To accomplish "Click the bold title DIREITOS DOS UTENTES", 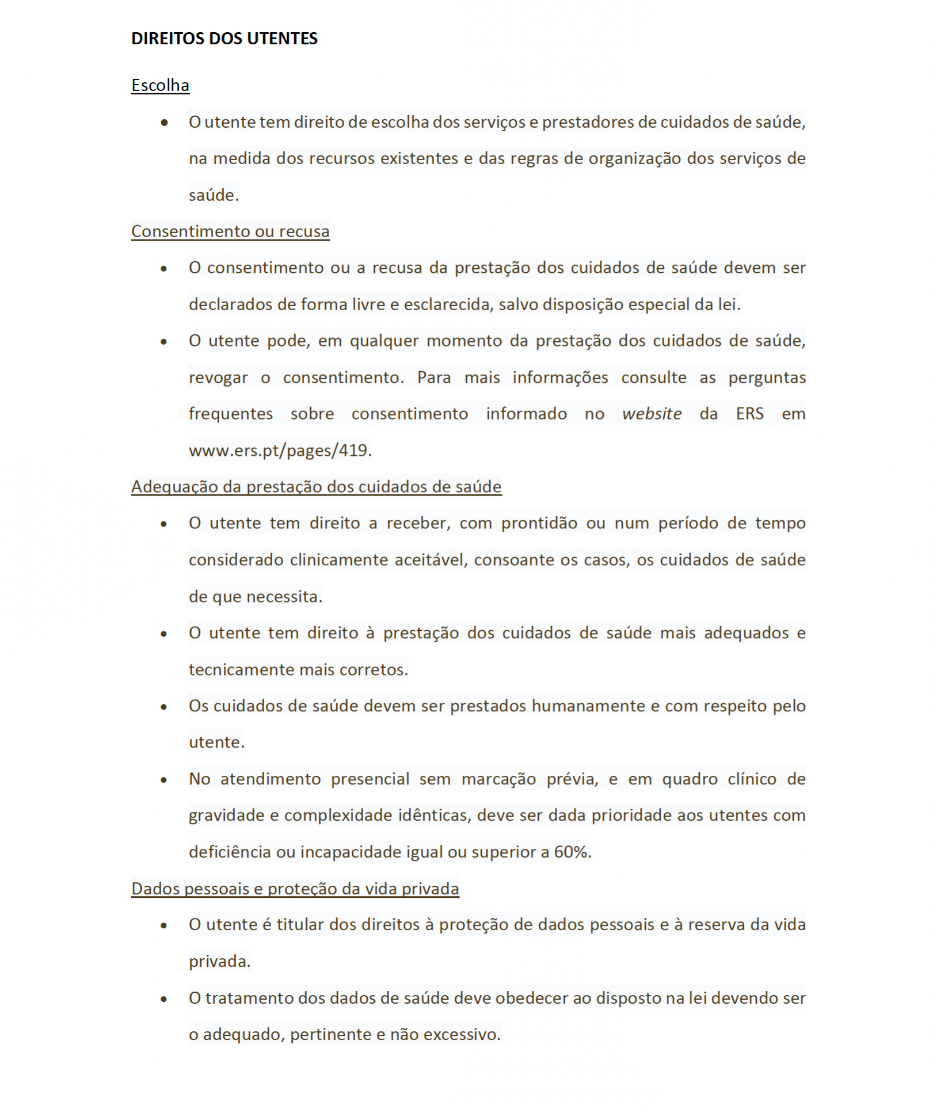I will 224,39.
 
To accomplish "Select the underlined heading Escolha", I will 160,85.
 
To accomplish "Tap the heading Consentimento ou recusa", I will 230,231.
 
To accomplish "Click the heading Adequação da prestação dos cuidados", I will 316,487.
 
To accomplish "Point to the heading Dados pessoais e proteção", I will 295,889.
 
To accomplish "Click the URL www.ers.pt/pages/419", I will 280,450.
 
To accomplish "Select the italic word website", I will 652,414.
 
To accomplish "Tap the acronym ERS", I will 749,414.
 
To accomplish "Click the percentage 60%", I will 572,852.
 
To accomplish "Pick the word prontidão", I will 539,523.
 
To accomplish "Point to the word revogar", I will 218,378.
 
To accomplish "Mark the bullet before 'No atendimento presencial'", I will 164,780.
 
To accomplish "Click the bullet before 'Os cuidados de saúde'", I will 164,707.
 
